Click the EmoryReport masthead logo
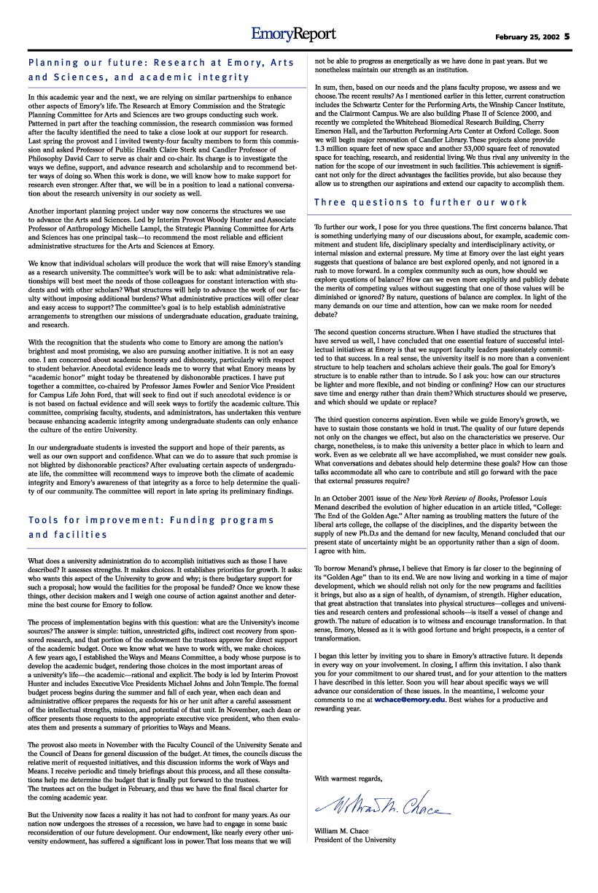coord(294,34)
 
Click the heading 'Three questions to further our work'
coord(421,202)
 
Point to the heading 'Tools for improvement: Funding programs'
coord(151,520)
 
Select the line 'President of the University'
coord(355,840)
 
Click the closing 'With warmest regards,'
coord(348,778)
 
